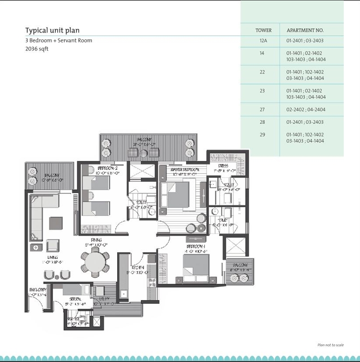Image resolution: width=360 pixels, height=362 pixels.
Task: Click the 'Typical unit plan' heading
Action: click(x=52, y=31)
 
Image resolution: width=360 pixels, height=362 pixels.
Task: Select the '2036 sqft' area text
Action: click(x=37, y=49)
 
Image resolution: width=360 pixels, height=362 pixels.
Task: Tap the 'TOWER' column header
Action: click(x=263, y=31)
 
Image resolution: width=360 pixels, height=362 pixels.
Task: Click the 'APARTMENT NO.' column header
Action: click(x=305, y=31)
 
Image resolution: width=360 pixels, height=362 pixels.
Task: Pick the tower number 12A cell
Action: click(x=263, y=41)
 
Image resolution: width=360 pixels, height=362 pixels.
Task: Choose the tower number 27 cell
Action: click(x=262, y=109)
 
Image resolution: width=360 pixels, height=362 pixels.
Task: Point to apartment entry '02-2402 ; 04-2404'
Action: click(x=306, y=109)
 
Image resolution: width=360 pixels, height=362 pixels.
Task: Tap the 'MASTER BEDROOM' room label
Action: click(x=184, y=170)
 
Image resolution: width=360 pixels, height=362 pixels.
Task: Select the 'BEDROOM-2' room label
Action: click(x=107, y=169)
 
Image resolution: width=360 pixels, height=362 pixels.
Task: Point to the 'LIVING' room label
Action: click(x=53, y=257)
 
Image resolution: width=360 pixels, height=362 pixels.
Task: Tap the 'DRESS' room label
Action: click(x=223, y=166)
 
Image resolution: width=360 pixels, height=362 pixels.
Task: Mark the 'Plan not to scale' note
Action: click(x=330, y=345)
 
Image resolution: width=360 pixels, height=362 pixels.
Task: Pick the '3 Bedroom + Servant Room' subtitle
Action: click(x=58, y=40)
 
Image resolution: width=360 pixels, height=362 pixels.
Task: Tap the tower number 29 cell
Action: click(x=262, y=135)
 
